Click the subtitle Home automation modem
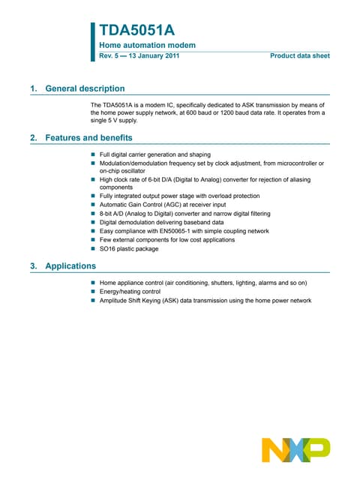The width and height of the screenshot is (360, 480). coord(148,45)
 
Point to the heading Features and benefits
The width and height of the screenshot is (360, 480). coord(88,138)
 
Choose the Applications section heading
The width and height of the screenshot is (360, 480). coord(70,265)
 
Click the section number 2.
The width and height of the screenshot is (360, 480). coord(32,138)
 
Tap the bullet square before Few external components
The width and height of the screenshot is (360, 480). coord(94,240)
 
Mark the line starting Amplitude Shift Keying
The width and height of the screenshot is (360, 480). coord(205,300)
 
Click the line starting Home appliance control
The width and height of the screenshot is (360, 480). coord(203,283)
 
